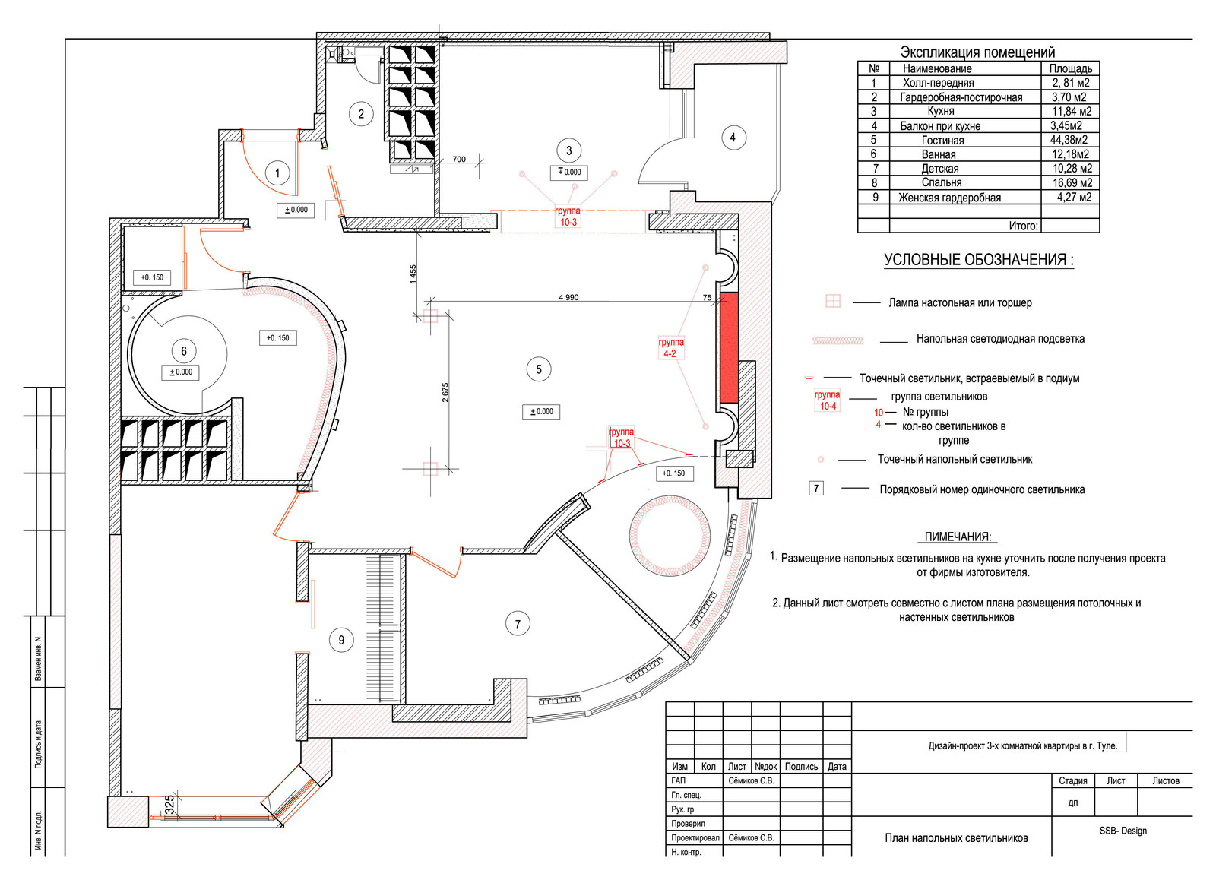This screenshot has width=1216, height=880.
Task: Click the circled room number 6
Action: [x=183, y=351]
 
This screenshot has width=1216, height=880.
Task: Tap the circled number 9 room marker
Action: [x=341, y=640]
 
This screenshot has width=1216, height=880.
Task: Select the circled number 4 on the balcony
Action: [x=733, y=138]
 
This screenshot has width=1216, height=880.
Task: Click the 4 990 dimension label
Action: [x=568, y=297]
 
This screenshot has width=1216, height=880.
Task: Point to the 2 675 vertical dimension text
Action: [x=445, y=392]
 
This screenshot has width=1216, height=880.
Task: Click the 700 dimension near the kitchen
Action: [x=459, y=159]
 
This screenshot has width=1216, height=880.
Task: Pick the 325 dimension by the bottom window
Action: [x=169, y=804]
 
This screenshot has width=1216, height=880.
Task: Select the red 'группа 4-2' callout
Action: [x=671, y=348]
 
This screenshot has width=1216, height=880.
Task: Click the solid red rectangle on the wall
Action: [x=729, y=347]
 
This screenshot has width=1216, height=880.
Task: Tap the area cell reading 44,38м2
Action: [x=1069, y=140]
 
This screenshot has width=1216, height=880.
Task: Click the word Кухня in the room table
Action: [x=941, y=111]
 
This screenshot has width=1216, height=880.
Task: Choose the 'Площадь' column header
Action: [x=1071, y=69]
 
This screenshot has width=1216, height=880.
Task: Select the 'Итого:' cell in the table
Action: [x=1023, y=226]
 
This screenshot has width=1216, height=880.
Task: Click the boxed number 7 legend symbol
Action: [x=816, y=489]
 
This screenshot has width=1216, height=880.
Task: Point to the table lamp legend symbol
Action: [x=833, y=301]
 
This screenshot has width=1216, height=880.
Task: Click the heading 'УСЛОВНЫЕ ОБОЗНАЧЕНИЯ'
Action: [x=979, y=260]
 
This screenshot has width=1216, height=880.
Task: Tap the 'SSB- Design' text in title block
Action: [x=1123, y=831]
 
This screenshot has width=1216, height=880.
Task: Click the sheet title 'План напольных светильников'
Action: [x=957, y=838]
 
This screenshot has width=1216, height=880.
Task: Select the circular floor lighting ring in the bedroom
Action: [x=670, y=535]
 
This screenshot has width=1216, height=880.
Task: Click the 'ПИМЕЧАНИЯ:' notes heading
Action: [x=958, y=537]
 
